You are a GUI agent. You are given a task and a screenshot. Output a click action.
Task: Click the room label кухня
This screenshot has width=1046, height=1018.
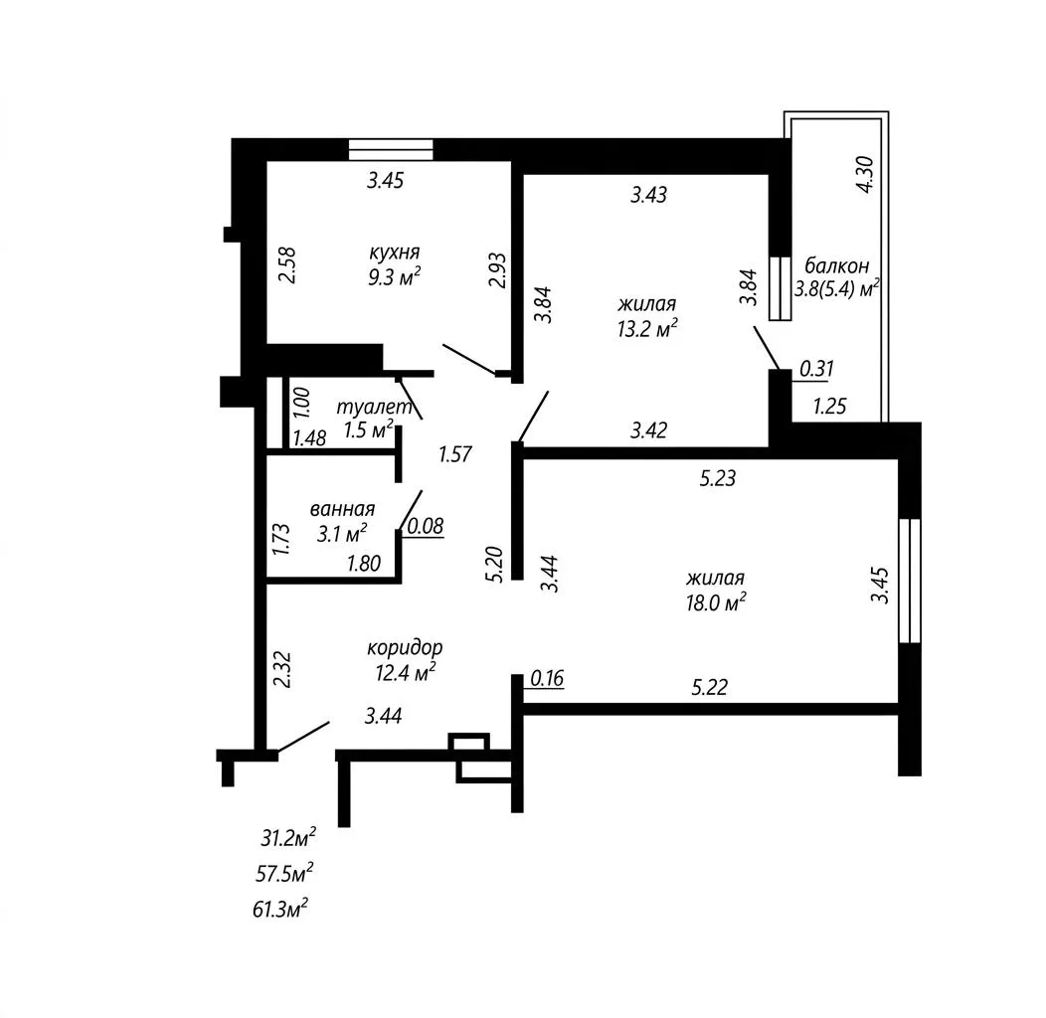(395, 253)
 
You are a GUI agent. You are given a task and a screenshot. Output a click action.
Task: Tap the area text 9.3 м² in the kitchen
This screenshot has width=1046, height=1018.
(395, 276)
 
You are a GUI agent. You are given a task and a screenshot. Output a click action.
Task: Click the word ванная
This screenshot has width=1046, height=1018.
(342, 510)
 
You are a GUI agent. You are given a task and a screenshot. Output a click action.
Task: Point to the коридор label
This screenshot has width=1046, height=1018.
(405, 648)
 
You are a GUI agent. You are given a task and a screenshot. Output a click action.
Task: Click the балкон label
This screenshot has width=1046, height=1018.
(836, 266)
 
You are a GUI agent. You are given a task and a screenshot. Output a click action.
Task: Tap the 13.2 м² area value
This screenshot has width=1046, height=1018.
(647, 328)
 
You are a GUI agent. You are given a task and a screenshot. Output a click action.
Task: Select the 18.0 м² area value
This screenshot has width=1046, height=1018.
(716, 602)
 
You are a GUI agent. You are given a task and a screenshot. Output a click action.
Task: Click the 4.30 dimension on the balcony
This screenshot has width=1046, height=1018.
(865, 174)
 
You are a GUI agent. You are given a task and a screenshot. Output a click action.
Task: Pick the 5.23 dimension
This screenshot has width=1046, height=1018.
(718, 478)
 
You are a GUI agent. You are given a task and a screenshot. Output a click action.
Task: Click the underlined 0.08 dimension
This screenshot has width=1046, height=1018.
(425, 526)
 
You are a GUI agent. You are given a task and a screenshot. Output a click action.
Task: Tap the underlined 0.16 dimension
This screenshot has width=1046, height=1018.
(547, 678)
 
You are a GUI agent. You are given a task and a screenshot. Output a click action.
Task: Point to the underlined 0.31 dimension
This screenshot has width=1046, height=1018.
(816, 368)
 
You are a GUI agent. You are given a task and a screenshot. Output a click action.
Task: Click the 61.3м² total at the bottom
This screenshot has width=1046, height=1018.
(280, 909)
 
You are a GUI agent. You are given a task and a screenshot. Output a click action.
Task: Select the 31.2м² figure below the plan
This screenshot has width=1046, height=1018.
(288, 838)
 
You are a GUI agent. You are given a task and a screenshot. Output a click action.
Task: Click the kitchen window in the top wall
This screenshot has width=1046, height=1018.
(391, 149)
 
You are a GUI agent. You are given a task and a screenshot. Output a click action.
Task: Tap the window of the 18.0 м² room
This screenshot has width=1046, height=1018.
(909, 581)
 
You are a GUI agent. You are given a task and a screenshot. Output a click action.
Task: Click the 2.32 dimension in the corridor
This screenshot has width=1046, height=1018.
(282, 670)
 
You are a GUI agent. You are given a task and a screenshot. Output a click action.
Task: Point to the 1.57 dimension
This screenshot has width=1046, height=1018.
(455, 454)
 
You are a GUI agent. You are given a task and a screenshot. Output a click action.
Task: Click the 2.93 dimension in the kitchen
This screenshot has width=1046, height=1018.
(498, 269)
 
